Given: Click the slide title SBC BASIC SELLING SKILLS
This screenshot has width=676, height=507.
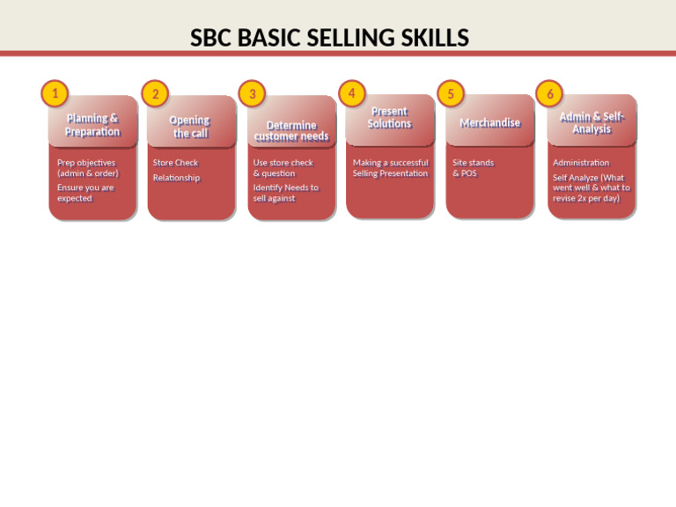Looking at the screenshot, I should (329, 39).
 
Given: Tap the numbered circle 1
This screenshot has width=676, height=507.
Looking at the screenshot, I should (55, 92).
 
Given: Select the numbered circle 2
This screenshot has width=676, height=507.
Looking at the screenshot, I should (155, 93).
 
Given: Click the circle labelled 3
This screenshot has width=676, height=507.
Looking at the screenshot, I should (252, 93).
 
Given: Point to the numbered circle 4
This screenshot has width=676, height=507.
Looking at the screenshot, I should (351, 92).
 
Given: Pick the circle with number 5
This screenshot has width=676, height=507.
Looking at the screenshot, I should (451, 93).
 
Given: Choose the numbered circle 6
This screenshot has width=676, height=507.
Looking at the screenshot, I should (549, 93).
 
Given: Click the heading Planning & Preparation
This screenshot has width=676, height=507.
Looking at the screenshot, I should (92, 125).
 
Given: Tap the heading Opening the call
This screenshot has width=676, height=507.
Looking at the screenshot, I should (190, 127).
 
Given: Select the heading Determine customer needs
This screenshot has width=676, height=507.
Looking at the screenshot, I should (291, 131).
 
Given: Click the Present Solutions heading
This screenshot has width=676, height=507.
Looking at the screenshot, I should (390, 118).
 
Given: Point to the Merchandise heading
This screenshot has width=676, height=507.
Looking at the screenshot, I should (489, 123).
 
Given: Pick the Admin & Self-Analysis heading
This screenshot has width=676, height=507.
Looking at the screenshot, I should (591, 123).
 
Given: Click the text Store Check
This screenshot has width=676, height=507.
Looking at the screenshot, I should (175, 163).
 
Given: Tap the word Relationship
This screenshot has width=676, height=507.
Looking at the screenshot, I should (176, 178).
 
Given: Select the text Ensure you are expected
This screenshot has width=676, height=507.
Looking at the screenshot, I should (85, 193).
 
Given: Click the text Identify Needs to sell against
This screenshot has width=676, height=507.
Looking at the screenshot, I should (285, 193).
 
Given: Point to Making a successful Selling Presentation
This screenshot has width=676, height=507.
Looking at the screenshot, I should (390, 168).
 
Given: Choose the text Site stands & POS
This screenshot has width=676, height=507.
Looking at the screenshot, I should (473, 168).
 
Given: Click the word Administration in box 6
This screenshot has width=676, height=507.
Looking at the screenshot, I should (581, 163).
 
